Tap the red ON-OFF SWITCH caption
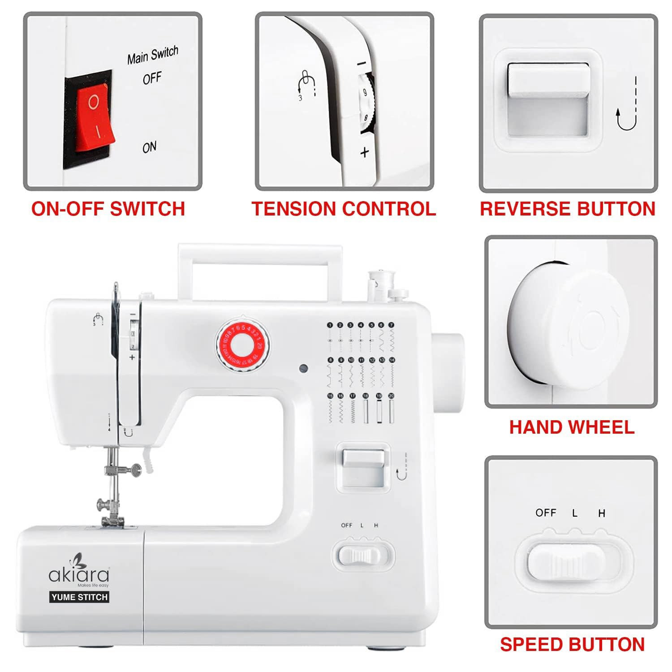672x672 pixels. pos(108,209)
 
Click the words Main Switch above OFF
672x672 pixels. pos(152,55)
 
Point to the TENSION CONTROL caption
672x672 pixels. pos(344,209)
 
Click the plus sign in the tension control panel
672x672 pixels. pos(365,152)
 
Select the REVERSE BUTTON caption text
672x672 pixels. pos(568,209)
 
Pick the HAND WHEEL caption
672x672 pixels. pos(572,427)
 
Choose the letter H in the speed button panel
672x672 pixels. pos(602,513)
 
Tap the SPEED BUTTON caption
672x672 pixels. pos(572,644)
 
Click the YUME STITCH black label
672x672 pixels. pos(79,597)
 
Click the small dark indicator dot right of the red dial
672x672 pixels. pos(303,369)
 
